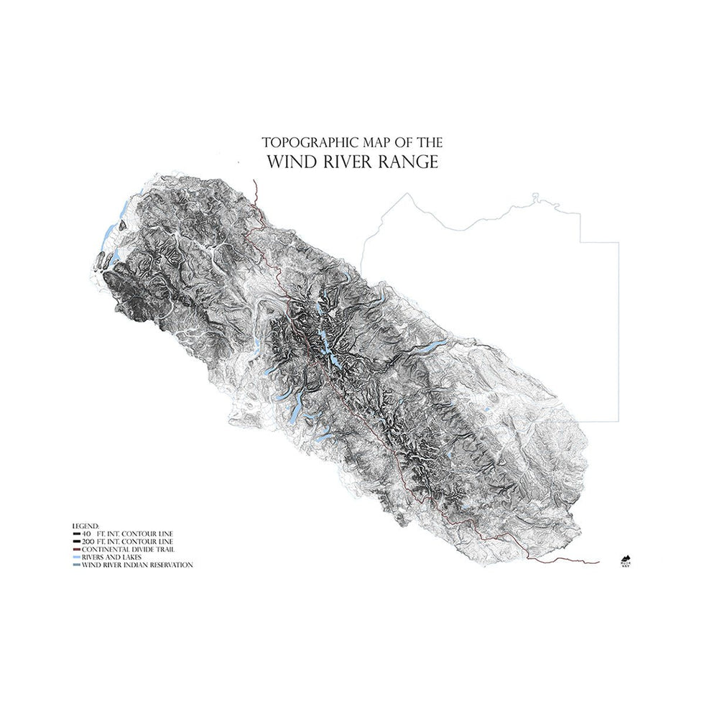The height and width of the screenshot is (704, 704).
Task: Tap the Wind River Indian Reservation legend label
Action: pyautogui.click(x=137, y=565)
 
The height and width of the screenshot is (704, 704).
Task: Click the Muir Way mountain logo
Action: pyautogui.click(x=624, y=559)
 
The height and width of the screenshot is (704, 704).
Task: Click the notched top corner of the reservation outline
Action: pyautogui.click(x=534, y=195)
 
